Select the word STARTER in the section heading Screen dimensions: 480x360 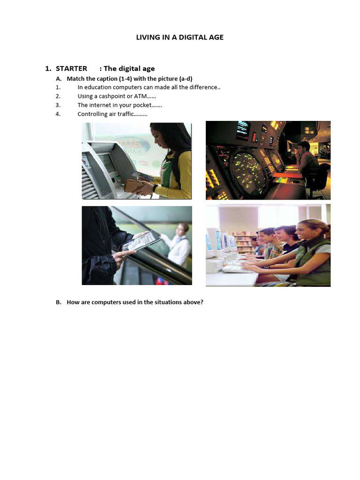pyautogui.click(x=71, y=68)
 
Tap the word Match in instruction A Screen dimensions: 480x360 pyautogui.click(x=75, y=79)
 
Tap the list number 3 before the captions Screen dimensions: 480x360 pyautogui.click(x=58, y=105)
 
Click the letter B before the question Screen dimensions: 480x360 pyautogui.click(x=58, y=302)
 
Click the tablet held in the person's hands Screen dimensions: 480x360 pyautogui.click(x=141, y=241)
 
